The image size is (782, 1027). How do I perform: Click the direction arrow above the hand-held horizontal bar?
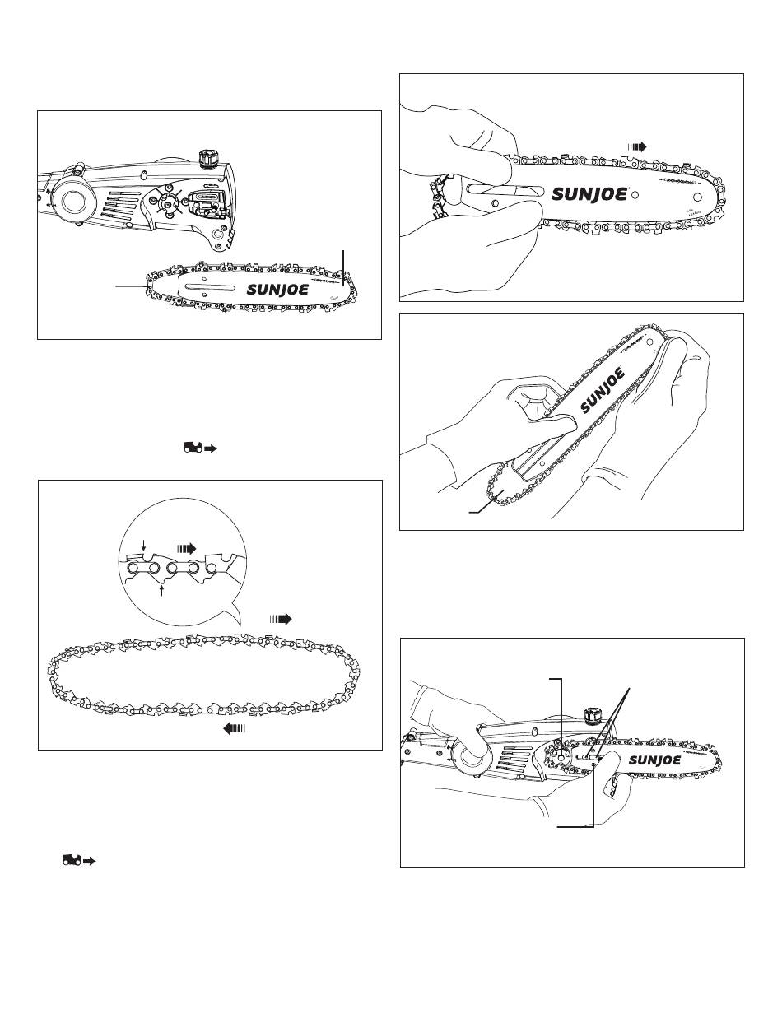(x=636, y=146)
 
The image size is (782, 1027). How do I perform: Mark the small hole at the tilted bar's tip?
(x=651, y=338)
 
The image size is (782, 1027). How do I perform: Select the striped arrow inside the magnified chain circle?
(x=187, y=546)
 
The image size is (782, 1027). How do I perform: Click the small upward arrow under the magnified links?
(x=163, y=589)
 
